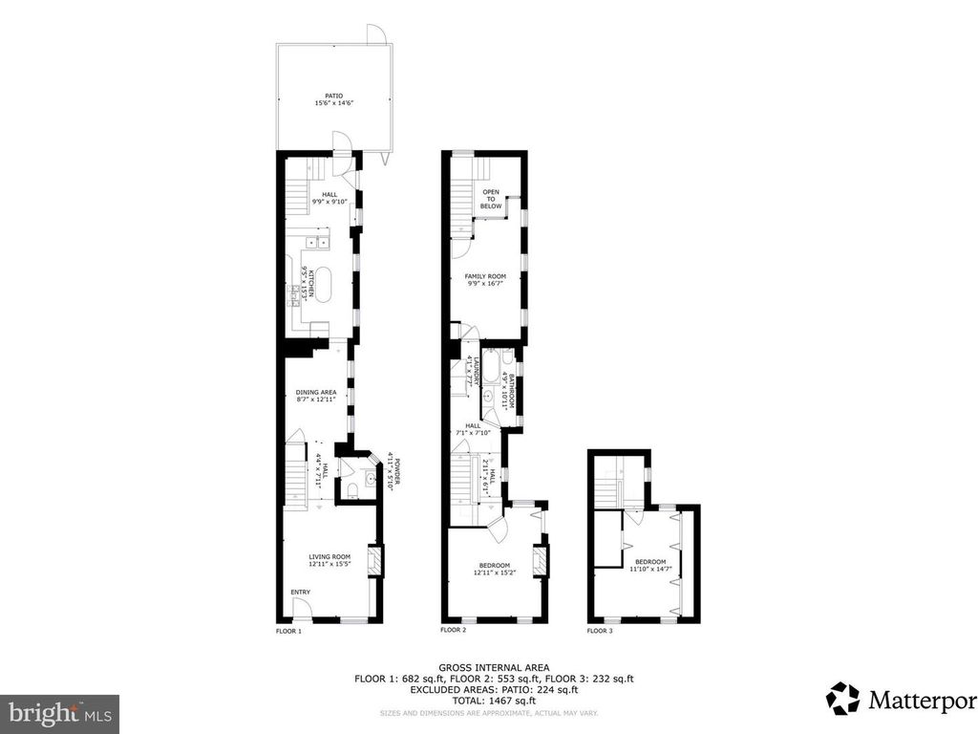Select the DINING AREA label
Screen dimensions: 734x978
coord(315,392)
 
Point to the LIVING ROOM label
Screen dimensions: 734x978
coord(330,556)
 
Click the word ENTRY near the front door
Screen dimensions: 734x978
coord(300,593)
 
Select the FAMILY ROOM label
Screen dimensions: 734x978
coord(485,276)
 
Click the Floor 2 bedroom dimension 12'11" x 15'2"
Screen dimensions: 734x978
coord(496,572)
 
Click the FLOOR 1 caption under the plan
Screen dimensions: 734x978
coord(288,631)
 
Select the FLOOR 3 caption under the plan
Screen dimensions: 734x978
coord(600,631)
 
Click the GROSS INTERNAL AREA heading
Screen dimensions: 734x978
coord(489,668)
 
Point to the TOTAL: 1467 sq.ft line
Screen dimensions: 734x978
coord(489,700)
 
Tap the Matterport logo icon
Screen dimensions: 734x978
coord(842,698)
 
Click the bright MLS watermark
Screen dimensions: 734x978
coord(59,713)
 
